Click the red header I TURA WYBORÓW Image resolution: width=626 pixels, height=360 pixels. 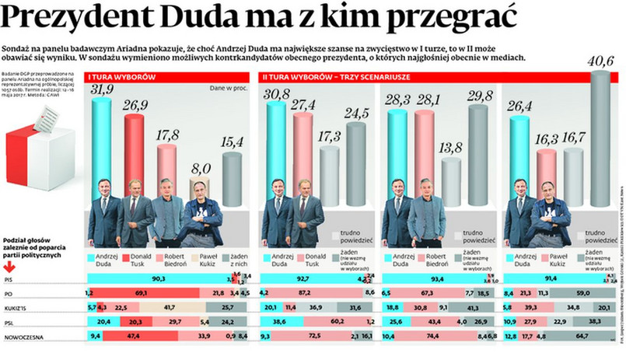coord(123,78)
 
